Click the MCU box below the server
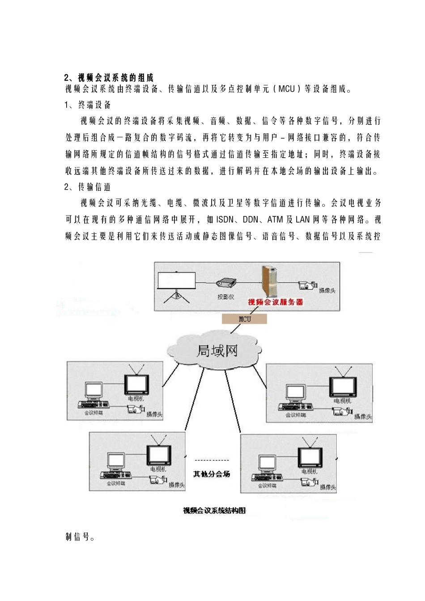(x=245, y=319)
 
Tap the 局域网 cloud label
(x=217, y=351)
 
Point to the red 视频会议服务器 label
(x=276, y=302)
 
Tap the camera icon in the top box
(x=307, y=285)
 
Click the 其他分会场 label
(x=212, y=474)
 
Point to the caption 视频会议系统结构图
(x=214, y=511)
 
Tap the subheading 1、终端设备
(x=88, y=105)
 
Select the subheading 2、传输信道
(x=88, y=187)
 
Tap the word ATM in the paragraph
(x=275, y=220)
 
